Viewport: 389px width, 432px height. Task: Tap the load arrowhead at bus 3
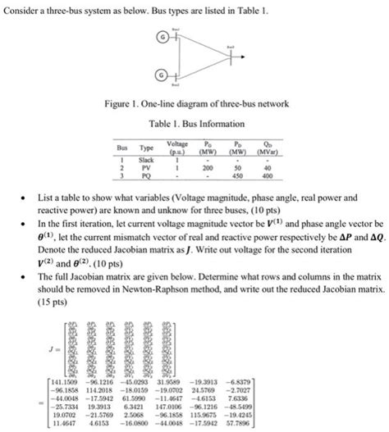pyautogui.click(x=245, y=57)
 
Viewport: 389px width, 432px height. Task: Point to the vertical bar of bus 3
pyautogui.click(x=230, y=57)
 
